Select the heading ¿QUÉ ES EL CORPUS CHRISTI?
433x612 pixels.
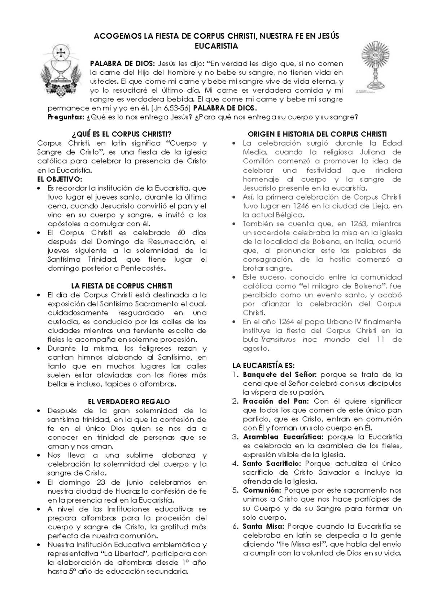pyautogui.click(x=122, y=134)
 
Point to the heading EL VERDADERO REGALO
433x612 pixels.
pyautogui.click(x=129, y=402)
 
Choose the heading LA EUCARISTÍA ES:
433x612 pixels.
pyautogui.click(x=264, y=366)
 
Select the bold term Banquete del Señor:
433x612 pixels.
pyautogui.click(x=280, y=375)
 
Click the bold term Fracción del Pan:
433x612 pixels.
pyautogui.click(x=276, y=401)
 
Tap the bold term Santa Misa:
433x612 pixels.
pyautogui.click(x=264, y=526)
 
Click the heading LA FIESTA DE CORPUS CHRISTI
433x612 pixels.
pyautogui.click(x=122, y=286)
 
